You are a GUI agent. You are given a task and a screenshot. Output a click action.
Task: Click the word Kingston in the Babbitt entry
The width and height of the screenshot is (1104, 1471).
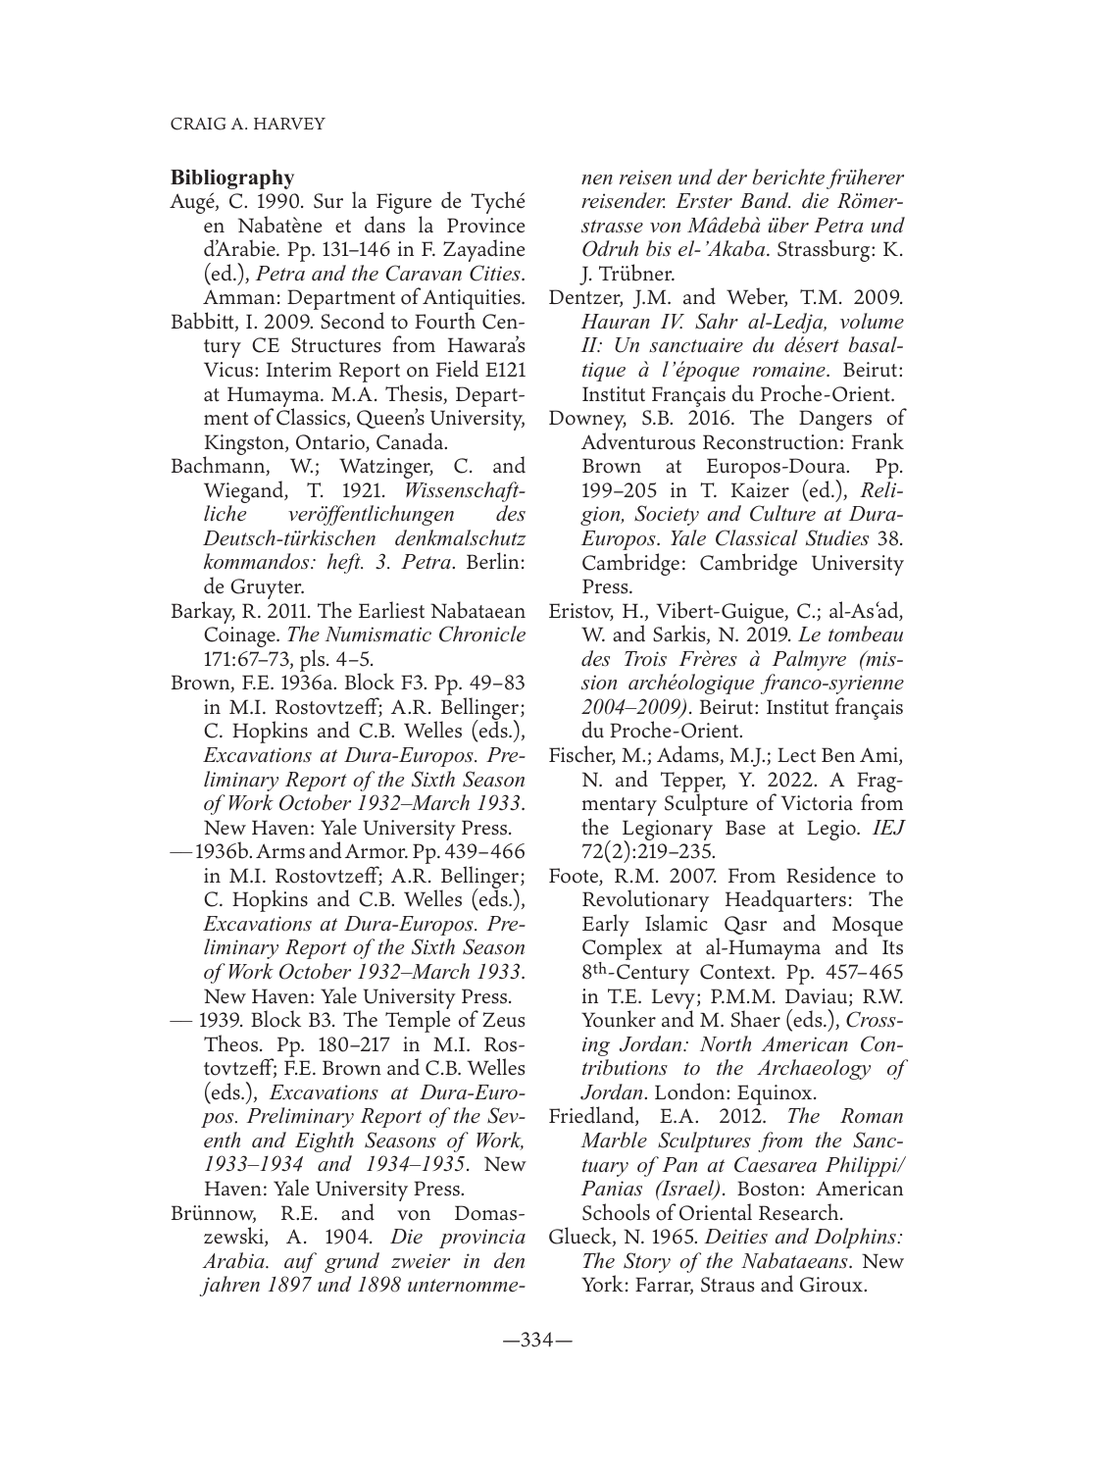tap(237, 442)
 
